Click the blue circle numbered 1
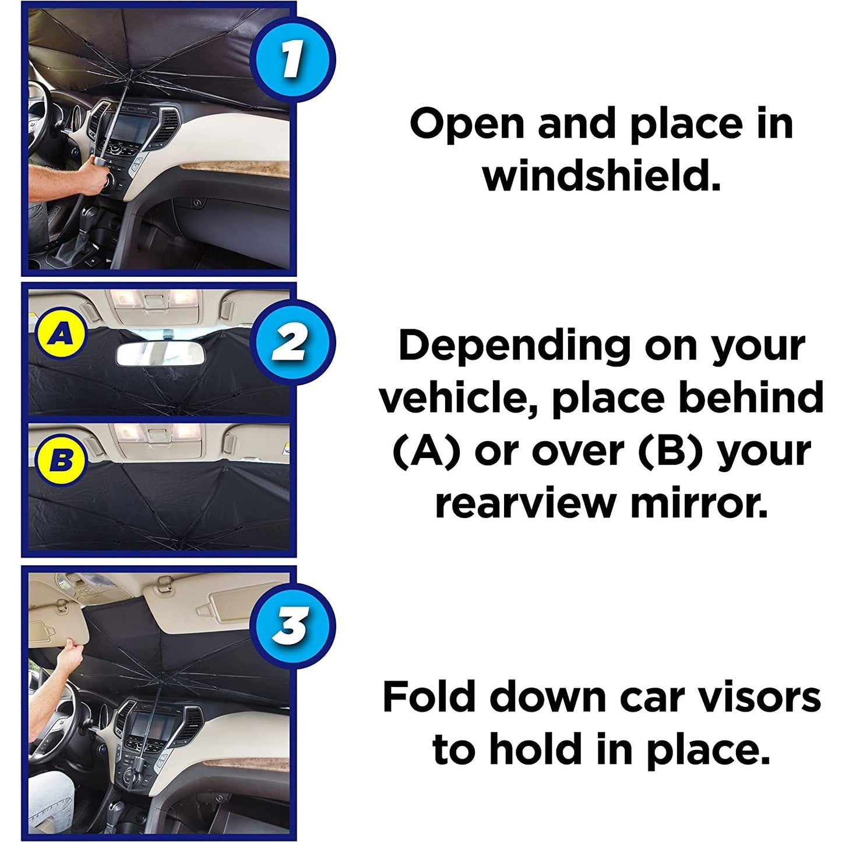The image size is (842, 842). (292, 60)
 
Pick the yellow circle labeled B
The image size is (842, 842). (61, 460)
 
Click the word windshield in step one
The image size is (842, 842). (601, 176)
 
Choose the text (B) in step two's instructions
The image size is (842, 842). (672, 451)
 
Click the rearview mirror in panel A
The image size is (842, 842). (160, 354)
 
